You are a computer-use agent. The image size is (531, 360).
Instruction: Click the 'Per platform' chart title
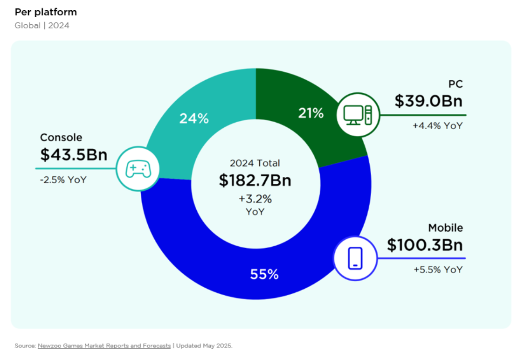[x=46, y=12]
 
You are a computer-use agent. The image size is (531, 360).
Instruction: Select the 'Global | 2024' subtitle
[x=42, y=26]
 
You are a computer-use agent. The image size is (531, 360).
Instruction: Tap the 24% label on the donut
[x=194, y=119]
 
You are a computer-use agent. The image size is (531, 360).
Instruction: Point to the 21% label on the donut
[x=311, y=113]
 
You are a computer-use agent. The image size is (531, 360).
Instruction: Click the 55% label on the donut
[x=264, y=274]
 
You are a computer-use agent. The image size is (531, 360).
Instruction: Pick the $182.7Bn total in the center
[x=255, y=180]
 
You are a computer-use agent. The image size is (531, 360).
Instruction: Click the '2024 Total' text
[x=255, y=163]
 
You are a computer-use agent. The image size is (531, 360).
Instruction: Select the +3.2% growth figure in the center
[x=255, y=199]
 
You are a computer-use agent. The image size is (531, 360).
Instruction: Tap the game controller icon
[x=138, y=169]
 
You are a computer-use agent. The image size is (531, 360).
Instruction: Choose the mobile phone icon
[x=355, y=258]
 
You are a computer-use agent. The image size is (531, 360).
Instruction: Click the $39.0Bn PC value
[x=428, y=101]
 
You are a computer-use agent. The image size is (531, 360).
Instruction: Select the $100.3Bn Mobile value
[x=425, y=245]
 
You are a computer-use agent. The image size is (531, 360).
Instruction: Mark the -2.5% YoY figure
[x=63, y=180]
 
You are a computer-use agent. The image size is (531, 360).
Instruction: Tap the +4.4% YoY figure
[x=437, y=125]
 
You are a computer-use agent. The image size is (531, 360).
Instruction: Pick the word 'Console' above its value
[x=61, y=138]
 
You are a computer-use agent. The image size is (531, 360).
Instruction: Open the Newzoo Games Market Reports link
[x=104, y=346]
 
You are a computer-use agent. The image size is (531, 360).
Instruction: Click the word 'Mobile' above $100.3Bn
[x=446, y=228]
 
